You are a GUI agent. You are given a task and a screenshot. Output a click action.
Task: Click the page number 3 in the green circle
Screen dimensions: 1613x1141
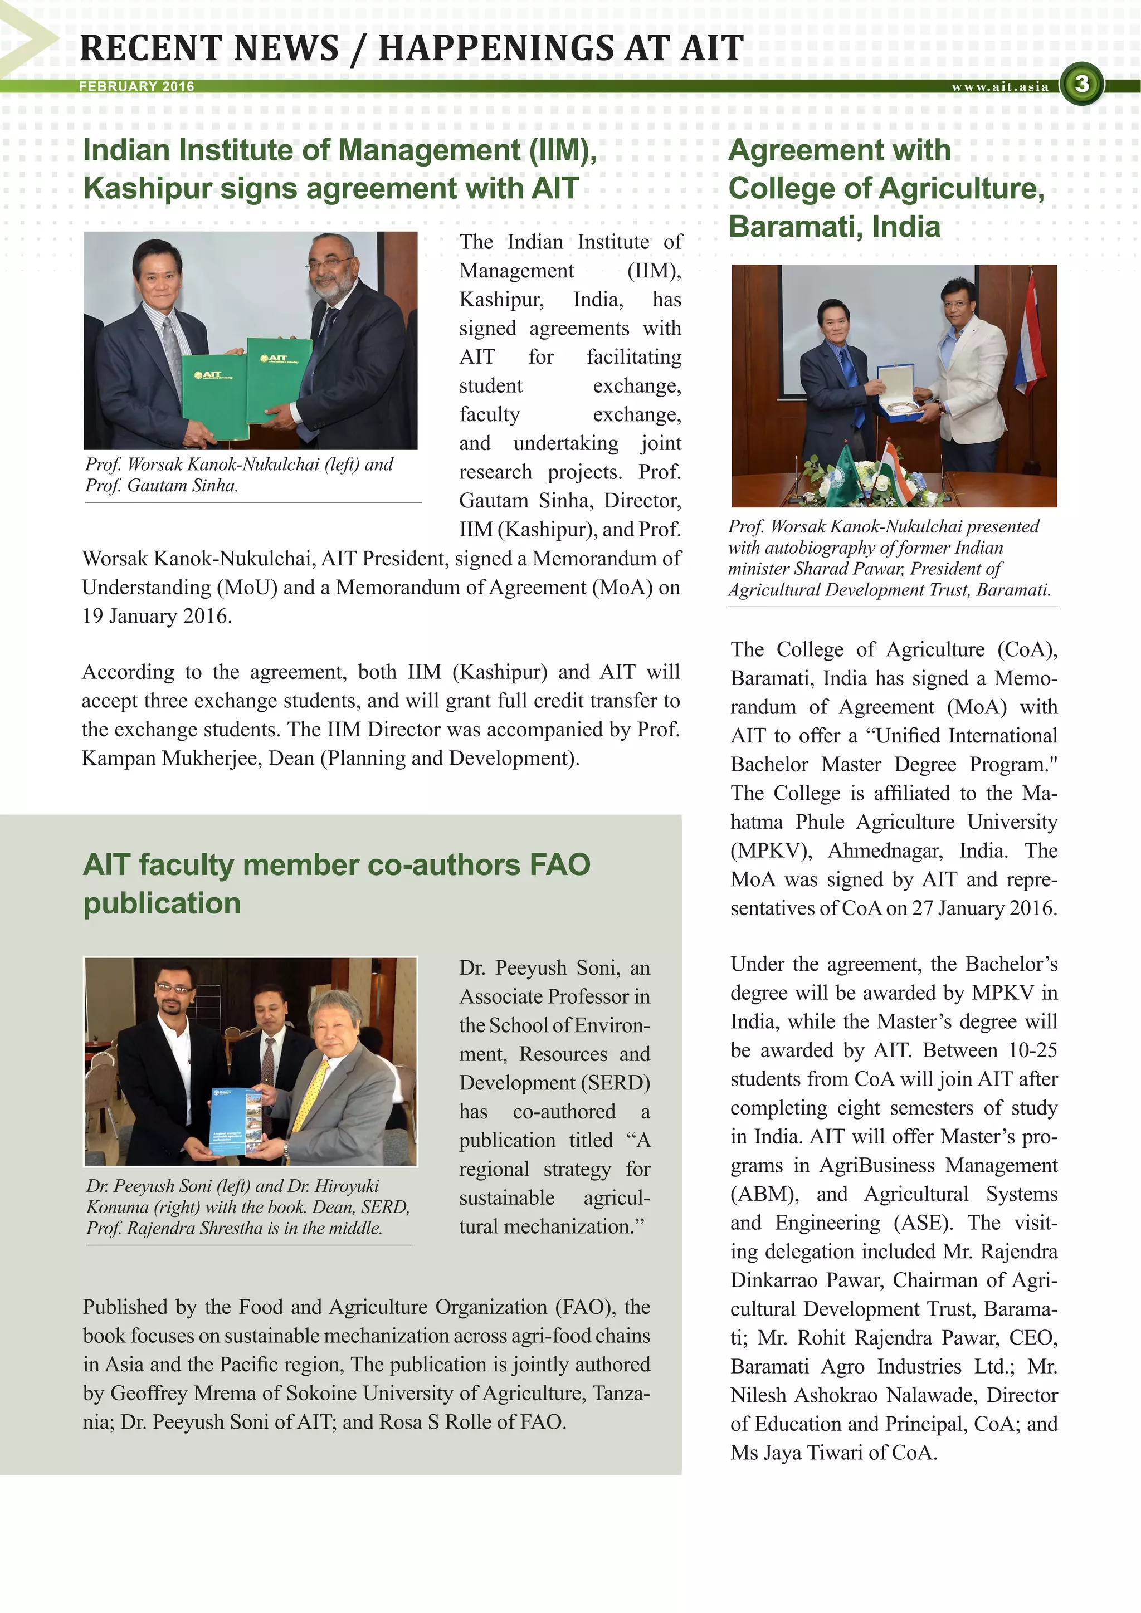[1081, 84]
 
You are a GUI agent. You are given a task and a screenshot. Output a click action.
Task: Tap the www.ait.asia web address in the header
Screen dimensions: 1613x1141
[1000, 86]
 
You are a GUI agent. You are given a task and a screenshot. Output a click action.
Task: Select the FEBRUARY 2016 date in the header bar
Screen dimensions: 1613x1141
[136, 86]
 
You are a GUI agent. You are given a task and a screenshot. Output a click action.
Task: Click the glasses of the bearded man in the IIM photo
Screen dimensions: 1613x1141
[329, 265]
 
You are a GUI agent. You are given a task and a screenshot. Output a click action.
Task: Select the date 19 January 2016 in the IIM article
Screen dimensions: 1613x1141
[157, 616]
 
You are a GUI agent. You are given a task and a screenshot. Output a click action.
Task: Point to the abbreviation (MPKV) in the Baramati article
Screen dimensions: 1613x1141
[771, 851]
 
